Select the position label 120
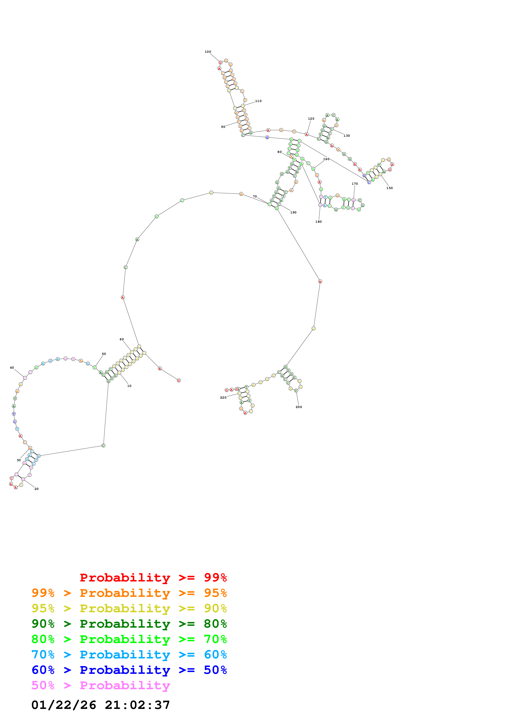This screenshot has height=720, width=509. coord(311,119)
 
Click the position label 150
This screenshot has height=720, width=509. coord(389,188)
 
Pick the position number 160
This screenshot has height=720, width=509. coord(326,159)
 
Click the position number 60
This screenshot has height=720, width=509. coord(122,339)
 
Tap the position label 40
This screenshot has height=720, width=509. coord(12,368)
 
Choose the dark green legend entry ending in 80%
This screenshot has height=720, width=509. coord(129,624)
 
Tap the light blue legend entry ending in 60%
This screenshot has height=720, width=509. coord(129,655)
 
